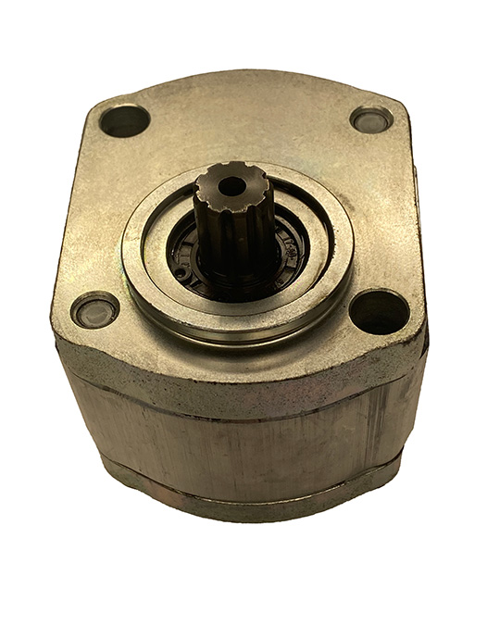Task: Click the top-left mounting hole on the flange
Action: point(125,120)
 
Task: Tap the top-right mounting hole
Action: point(371,119)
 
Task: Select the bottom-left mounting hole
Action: point(95,310)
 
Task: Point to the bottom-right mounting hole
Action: point(380,310)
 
